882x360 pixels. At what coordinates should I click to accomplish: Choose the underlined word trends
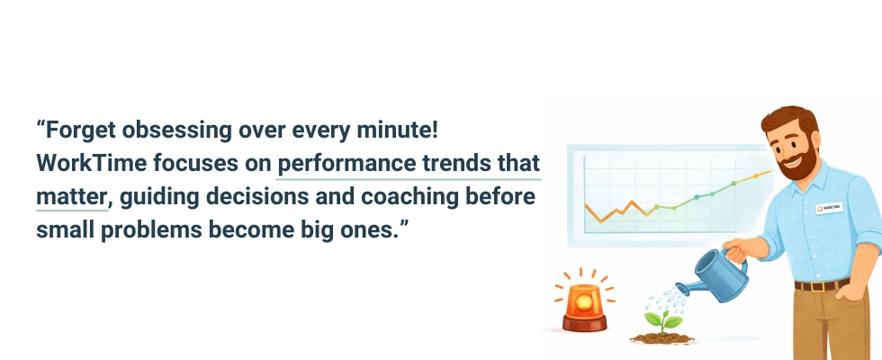(445, 165)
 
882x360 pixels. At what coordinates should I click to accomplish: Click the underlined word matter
(70, 197)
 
